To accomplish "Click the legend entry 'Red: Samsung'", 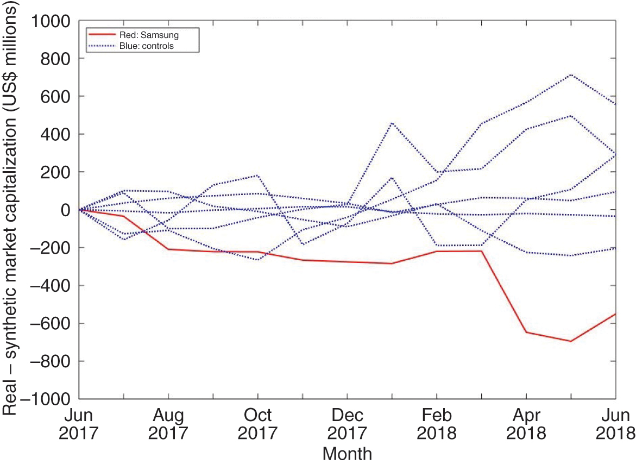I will [149, 35].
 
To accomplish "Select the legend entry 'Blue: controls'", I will [147, 46].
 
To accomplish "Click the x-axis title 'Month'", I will [347, 454].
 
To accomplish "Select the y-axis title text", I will [15, 209].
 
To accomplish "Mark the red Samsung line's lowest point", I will [571, 341].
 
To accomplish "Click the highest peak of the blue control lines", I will [571, 74].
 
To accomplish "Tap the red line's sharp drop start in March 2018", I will [481, 250].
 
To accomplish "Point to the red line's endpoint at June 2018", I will [615, 313].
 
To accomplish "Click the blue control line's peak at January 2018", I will [392, 123].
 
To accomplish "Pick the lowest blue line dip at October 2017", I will [257, 260].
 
